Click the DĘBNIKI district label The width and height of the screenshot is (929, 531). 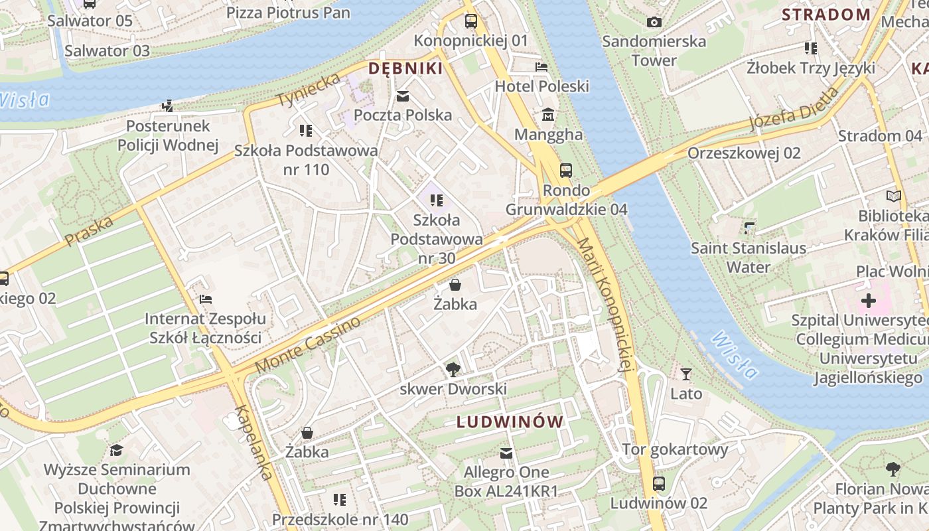(x=405, y=68)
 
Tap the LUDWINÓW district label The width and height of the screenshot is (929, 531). (x=510, y=421)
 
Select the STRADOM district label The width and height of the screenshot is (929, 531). (x=825, y=15)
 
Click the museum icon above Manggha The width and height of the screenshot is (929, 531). (x=548, y=115)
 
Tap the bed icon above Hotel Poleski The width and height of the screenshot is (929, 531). (x=541, y=67)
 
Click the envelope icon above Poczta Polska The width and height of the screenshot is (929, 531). (x=402, y=96)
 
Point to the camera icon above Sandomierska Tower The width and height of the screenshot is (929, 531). (x=654, y=22)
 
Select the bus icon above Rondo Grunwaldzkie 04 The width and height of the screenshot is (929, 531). (x=565, y=171)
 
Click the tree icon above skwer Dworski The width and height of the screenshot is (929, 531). (x=453, y=369)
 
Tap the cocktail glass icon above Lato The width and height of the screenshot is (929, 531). (x=686, y=374)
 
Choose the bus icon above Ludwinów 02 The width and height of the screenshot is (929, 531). (x=658, y=484)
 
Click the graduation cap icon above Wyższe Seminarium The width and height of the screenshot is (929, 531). (x=116, y=451)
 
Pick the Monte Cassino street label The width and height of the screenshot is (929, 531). (x=309, y=344)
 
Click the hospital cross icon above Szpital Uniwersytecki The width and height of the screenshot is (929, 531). (x=868, y=301)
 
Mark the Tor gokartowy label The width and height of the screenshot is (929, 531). (x=675, y=449)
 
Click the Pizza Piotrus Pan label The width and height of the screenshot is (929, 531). (x=288, y=12)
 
